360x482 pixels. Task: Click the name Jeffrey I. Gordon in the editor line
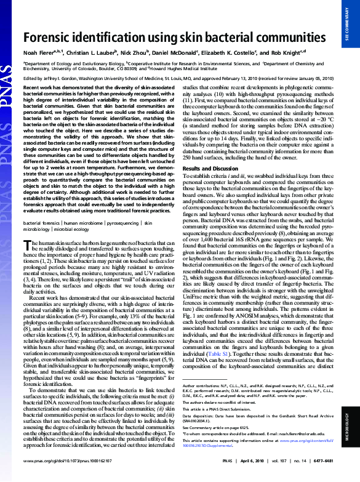(x=62, y=79)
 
